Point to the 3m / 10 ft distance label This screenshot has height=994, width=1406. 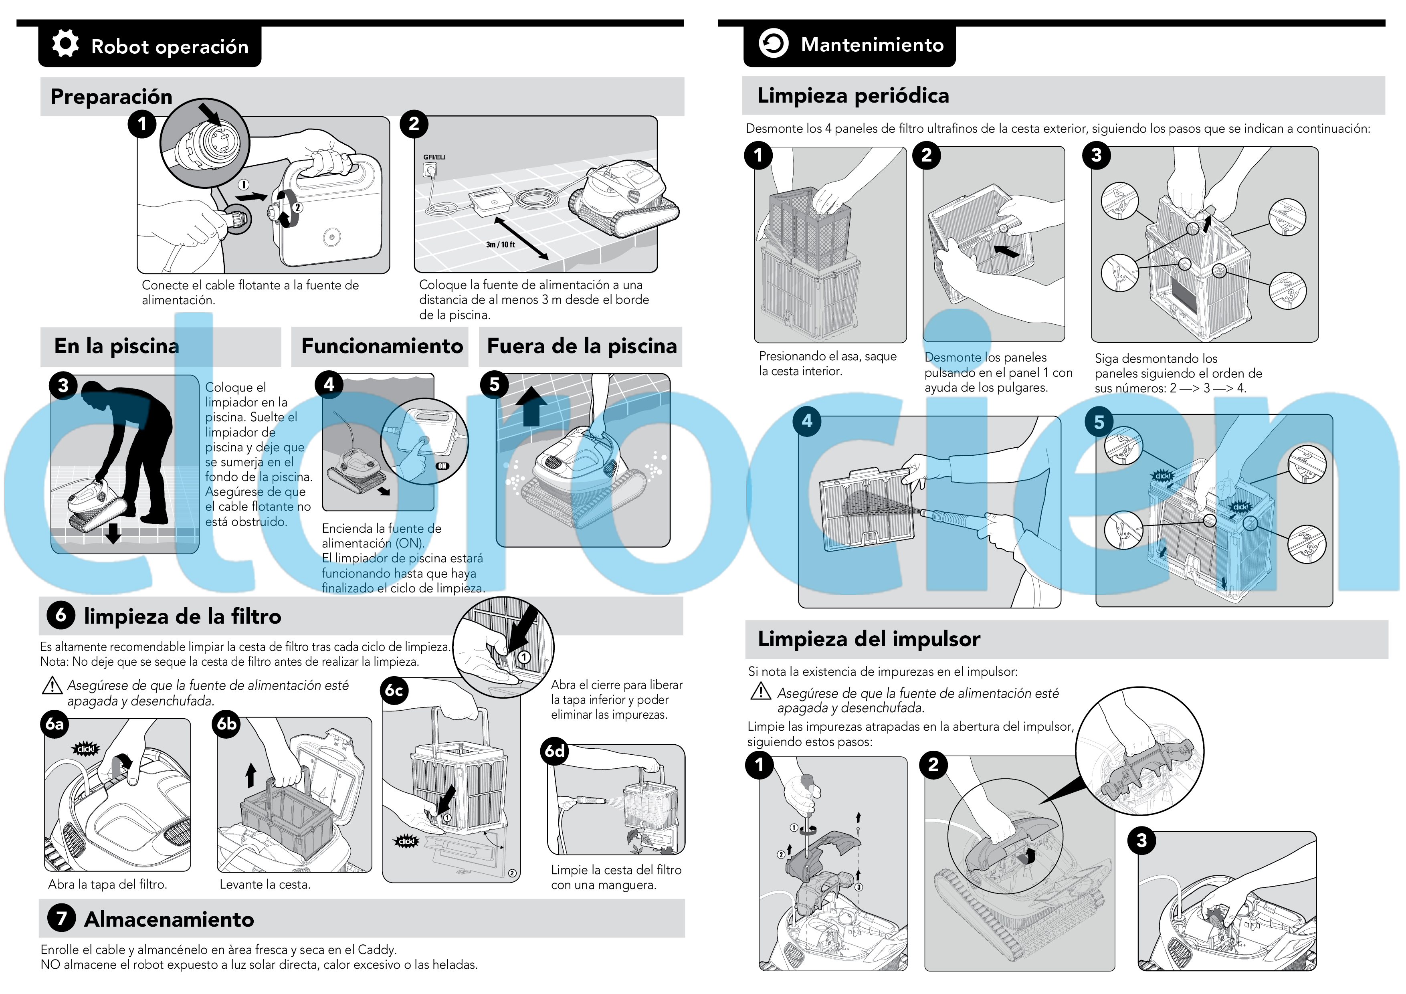pos(500,244)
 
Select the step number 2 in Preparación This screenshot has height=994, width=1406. pos(414,124)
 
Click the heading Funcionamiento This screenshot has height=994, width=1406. pos(382,346)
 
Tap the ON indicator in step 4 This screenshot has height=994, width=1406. pos(442,466)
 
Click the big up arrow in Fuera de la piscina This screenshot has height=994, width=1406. pos(531,406)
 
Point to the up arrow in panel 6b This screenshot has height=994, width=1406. pos(250,775)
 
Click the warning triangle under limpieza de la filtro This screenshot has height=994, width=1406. pos(52,685)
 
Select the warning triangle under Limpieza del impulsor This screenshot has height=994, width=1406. pos(761,691)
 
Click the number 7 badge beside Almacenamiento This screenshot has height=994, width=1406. pos(61,919)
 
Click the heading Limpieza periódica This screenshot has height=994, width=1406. pos(853,95)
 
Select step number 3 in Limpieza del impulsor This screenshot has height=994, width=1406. pos(1141,840)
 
